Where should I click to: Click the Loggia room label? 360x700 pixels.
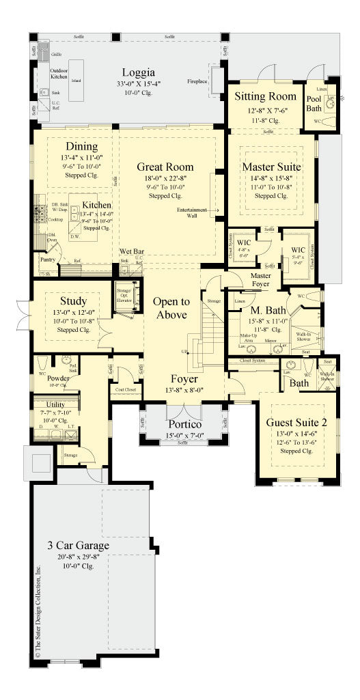click(x=139, y=73)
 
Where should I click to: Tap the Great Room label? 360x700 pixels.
click(x=165, y=167)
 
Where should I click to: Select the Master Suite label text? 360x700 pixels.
click(x=271, y=166)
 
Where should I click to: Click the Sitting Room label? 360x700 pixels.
click(x=265, y=96)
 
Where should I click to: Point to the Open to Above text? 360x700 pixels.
click(x=171, y=308)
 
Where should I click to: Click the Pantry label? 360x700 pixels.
click(x=48, y=260)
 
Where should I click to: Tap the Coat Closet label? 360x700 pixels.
click(x=124, y=391)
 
